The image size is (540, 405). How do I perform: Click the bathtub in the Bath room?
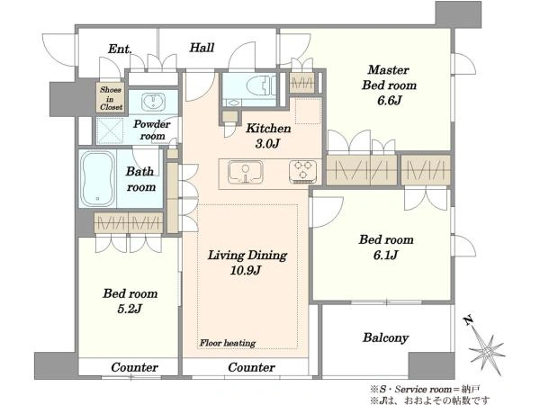point(97,179)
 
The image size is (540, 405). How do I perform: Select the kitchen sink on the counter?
point(245,172)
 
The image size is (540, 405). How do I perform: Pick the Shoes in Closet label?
point(111,98)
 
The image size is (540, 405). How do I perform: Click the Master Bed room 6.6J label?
point(389,85)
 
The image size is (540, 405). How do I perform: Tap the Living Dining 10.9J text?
point(247,263)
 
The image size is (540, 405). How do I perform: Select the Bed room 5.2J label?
point(130,301)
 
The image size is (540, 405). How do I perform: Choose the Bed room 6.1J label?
point(386,247)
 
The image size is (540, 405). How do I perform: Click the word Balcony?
point(385,337)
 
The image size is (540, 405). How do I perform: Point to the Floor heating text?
point(228,343)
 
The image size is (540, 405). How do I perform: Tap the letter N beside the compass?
point(468,321)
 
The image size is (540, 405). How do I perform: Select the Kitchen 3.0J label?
point(268,136)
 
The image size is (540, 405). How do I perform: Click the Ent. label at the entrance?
point(120,49)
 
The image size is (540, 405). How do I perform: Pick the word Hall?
point(202,48)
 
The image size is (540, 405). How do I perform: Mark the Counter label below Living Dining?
point(251,367)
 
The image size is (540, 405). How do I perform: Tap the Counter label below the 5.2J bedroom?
point(134,367)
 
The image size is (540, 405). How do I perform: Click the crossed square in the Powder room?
point(110,130)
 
